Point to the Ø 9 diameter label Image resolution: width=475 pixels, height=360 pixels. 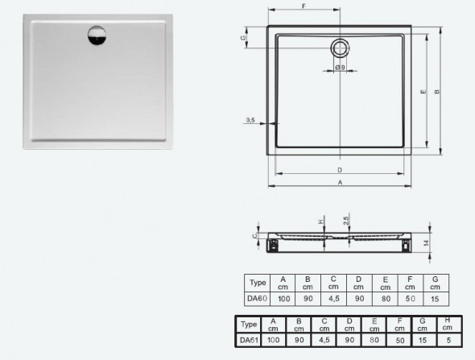pos(341,67)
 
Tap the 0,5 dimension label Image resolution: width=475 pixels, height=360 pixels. pos(251,120)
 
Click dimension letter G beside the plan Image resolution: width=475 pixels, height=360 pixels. pos(242,36)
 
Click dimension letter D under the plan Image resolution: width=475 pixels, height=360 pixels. pos(341,171)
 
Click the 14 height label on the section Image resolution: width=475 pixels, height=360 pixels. pos(427,242)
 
